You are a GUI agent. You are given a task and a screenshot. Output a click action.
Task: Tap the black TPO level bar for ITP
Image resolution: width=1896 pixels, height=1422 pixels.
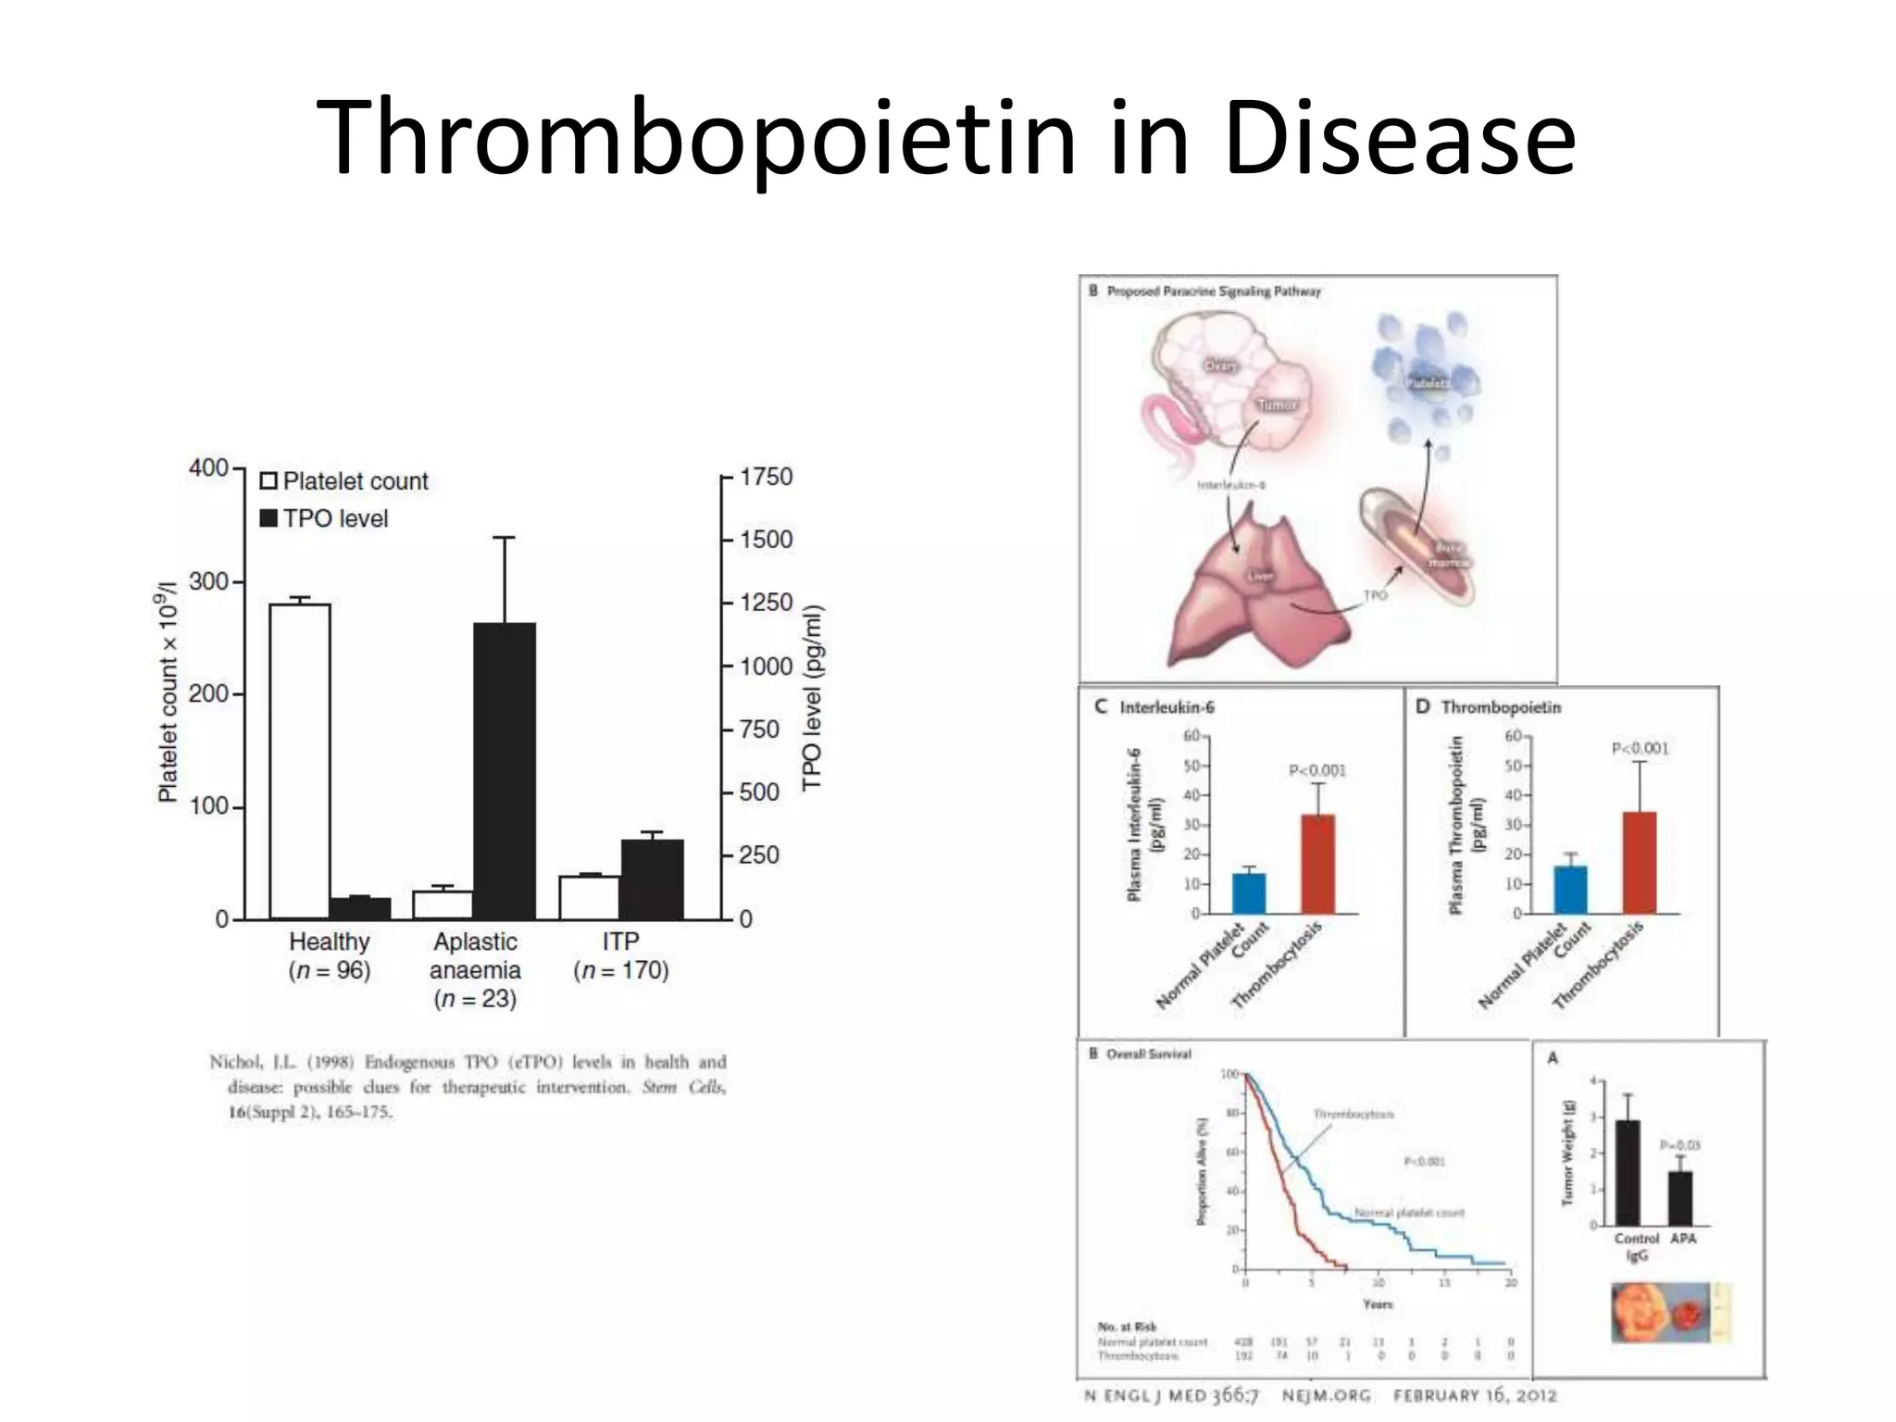pos(652,879)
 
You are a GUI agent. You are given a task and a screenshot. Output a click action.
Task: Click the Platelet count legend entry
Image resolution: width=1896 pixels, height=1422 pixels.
pos(344,481)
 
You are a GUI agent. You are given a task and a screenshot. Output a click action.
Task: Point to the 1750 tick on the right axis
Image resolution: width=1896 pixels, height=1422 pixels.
pos(765,477)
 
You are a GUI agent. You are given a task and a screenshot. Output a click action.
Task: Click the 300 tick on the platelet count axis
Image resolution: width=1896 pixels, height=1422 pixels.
pos(208,581)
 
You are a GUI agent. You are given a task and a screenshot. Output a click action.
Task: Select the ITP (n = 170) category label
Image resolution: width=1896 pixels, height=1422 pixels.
pos(620,955)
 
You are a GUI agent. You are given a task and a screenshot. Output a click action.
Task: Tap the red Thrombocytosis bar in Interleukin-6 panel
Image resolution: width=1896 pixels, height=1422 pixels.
pos(1317,863)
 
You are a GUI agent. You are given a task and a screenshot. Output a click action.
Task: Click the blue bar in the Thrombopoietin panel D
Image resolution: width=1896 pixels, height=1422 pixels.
pos(1570,889)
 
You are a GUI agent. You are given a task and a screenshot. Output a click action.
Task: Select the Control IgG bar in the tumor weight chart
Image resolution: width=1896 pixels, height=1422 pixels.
pos(1628,1172)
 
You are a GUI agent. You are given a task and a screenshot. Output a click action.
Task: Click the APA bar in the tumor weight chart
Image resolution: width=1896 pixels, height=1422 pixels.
pos(1680,1198)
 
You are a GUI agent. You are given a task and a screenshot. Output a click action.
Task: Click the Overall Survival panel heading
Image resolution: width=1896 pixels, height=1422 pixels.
pos(1148,1054)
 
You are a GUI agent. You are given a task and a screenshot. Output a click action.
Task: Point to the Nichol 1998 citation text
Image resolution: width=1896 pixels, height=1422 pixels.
pos(468,1086)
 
